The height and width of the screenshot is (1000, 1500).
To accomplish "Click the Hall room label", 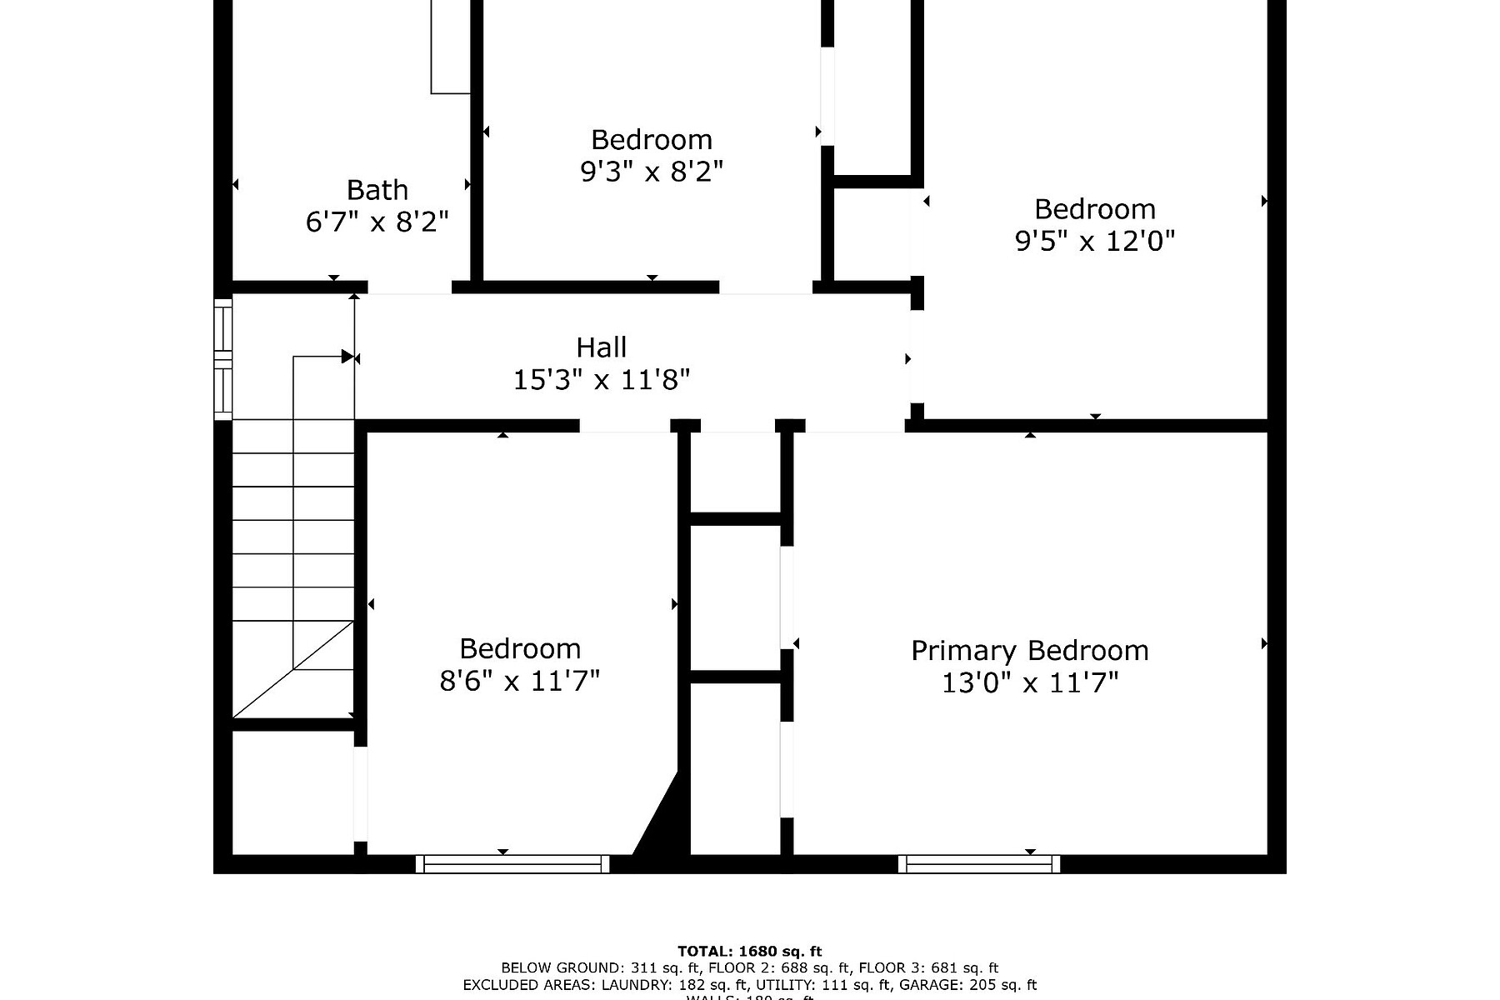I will pyautogui.click(x=601, y=347).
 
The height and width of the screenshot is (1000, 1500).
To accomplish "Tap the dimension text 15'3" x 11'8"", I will pyautogui.click(x=601, y=380).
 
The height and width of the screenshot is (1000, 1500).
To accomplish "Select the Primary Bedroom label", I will pyautogui.click(x=1029, y=650).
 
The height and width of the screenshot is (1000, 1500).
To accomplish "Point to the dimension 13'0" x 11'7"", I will pyautogui.click(x=1029, y=683).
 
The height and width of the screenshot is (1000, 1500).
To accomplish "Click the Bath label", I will pyautogui.click(x=377, y=190).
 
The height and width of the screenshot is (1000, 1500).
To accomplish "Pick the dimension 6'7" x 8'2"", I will pyautogui.click(x=377, y=222).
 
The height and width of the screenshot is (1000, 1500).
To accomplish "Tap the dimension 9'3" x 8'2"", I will pyautogui.click(x=651, y=172).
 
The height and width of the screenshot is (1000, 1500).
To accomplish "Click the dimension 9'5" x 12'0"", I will pyautogui.click(x=1094, y=242).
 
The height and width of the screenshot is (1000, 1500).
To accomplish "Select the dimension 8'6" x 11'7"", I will pyautogui.click(x=519, y=682).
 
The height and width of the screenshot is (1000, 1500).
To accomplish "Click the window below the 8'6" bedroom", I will pyautogui.click(x=512, y=864).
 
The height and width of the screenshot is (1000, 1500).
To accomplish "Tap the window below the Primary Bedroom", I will pyautogui.click(x=979, y=864).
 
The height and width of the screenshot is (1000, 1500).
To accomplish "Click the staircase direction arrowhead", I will pyautogui.click(x=347, y=357).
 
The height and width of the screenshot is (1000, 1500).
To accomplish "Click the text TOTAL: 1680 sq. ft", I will pyautogui.click(x=749, y=951).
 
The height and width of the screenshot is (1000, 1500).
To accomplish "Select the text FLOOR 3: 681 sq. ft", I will pyautogui.click(x=928, y=968).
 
